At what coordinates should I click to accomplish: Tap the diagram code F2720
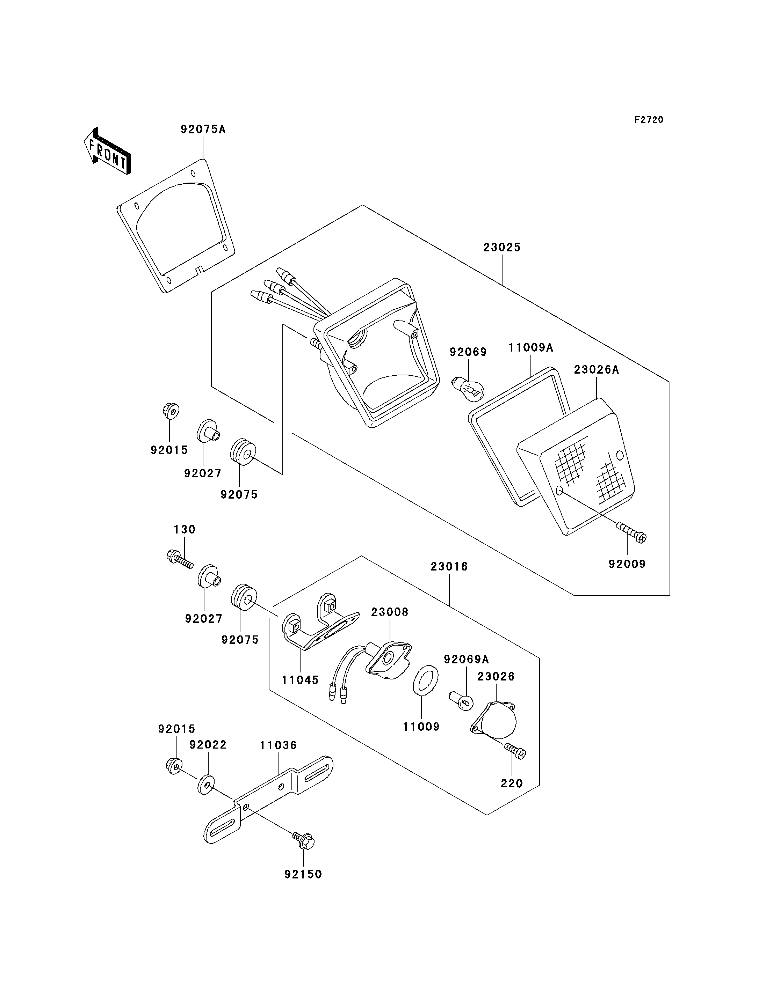pos(649,120)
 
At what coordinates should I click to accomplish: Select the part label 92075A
pos(203,130)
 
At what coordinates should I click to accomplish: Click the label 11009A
pos(531,348)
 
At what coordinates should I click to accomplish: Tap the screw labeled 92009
pos(631,533)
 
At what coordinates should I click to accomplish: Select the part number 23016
pos(449,567)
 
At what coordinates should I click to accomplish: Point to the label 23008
pos(390,612)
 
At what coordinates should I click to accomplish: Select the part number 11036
pos(279,745)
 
